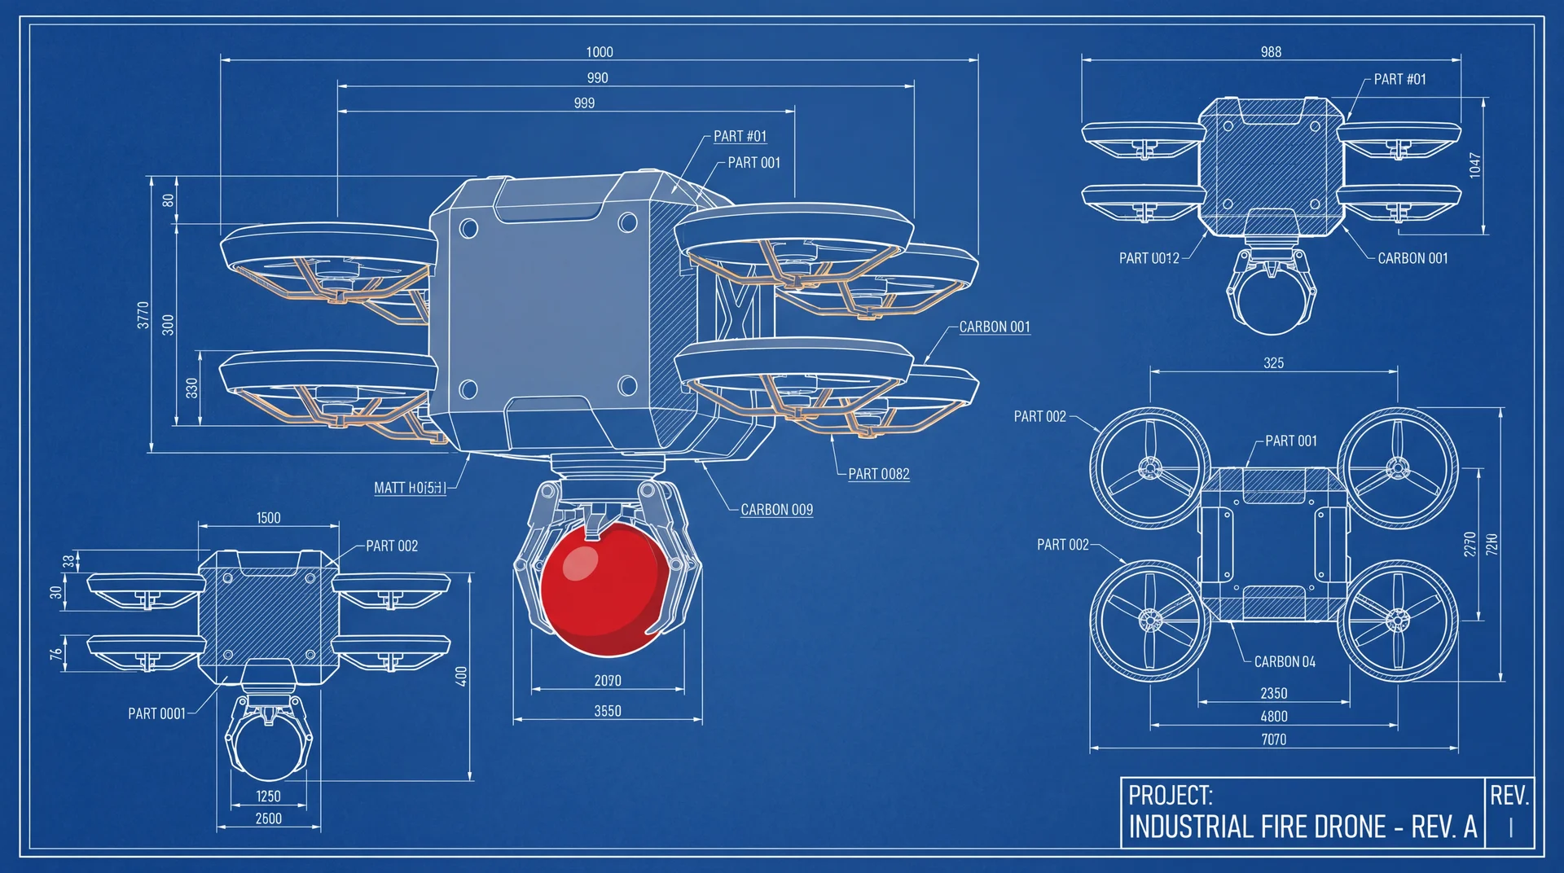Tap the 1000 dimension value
click(x=600, y=52)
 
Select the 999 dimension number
click(x=584, y=103)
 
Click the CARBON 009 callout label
click(x=776, y=510)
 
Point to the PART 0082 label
click(x=878, y=474)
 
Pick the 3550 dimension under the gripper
click(x=608, y=711)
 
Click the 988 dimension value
click(x=1271, y=52)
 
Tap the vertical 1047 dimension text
click(x=1475, y=165)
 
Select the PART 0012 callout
click(x=1149, y=258)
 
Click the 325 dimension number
click(x=1273, y=363)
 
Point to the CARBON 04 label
click(x=1285, y=662)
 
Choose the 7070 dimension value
click(x=1274, y=739)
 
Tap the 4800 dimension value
click(x=1274, y=717)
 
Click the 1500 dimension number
click(x=268, y=518)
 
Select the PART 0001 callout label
click(x=156, y=713)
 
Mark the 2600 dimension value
click(x=268, y=818)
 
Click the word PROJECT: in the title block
click(x=1171, y=795)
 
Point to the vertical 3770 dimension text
click(x=143, y=315)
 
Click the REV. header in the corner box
click(x=1509, y=795)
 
